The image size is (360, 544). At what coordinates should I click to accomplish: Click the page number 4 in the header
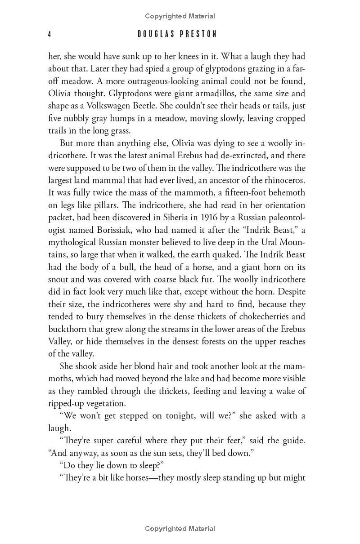(x=50, y=34)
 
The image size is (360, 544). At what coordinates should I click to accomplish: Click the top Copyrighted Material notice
(x=180, y=16)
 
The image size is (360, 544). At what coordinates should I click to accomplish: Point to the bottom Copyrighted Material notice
(x=180, y=529)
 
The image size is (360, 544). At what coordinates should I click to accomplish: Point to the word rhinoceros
(x=282, y=180)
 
